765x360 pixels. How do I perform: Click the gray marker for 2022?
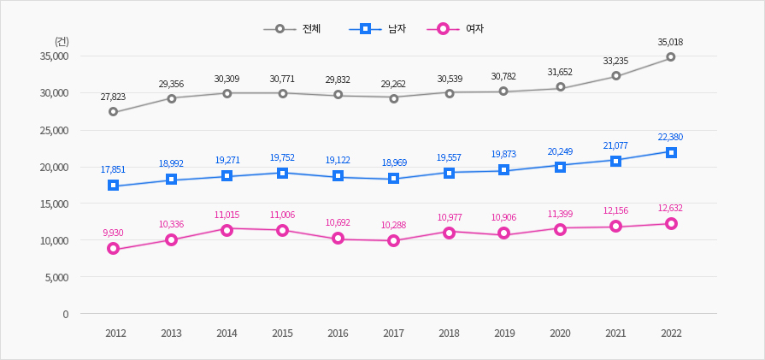(x=671, y=57)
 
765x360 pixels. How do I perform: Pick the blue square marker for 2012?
(x=113, y=186)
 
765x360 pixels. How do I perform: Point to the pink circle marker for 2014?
(x=227, y=229)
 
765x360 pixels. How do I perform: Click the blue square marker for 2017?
(x=393, y=179)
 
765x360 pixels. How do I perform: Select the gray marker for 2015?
(x=282, y=93)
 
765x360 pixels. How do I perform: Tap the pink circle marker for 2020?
(x=560, y=229)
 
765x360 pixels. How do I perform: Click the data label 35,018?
(x=670, y=42)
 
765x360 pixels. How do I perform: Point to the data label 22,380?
(x=670, y=137)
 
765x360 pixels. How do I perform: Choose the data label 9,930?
(x=113, y=233)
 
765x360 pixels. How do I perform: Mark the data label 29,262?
(x=393, y=84)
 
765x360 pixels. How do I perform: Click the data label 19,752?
(x=282, y=157)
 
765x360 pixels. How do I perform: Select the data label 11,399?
(x=560, y=213)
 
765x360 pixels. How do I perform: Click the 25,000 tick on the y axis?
(x=54, y=130)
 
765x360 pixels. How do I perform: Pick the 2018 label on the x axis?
(x=449, y=333)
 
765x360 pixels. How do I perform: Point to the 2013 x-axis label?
(x=171, y=333)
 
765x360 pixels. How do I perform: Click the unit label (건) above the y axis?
(x=62, y=41)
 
